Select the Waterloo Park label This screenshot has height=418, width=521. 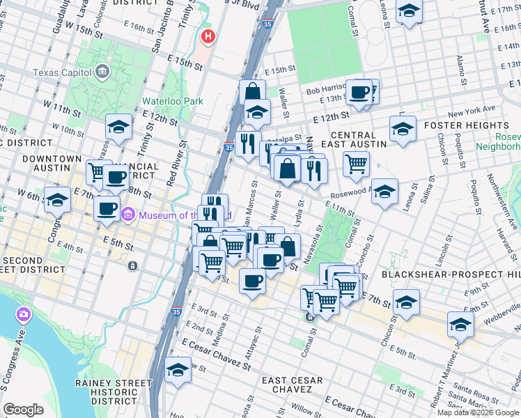click(x=173, y=101)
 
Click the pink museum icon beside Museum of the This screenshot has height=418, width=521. click(x=127, y=215)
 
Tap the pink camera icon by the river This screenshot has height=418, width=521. click(x=24, y=315)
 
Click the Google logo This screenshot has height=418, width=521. click(x=24, y=410)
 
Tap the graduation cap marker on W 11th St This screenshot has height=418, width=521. click(x=119, y=127)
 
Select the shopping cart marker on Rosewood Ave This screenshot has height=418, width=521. click(x=356, y=164)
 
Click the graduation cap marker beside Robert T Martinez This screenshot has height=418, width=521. click(x=460, y=324)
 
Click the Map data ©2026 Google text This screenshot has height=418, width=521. click(x=478, y=412)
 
